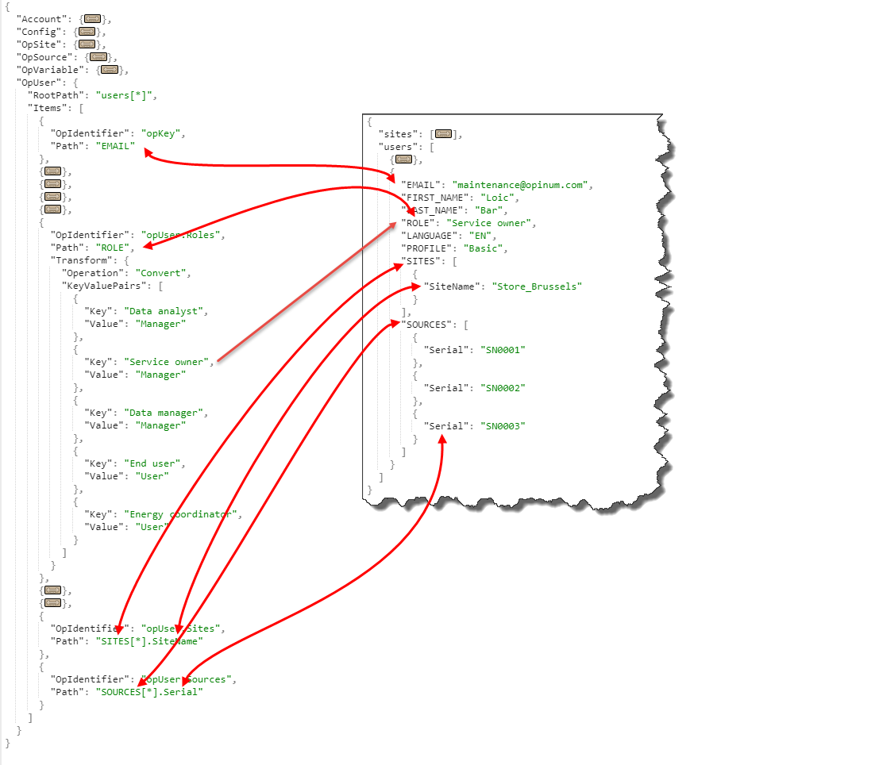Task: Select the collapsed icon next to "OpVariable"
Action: pos(110,70)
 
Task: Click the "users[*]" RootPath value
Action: pos(126,95)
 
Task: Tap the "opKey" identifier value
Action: pos(162,133)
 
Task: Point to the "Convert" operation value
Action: pos(163,273)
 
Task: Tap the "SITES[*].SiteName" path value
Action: pos(149,641)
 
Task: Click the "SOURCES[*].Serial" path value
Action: pos(149,692)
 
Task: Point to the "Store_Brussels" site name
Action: pos(536,286)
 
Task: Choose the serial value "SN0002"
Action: pos(504,388)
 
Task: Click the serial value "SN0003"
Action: pos(504,426)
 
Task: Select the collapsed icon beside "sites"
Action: pos(443,134)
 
